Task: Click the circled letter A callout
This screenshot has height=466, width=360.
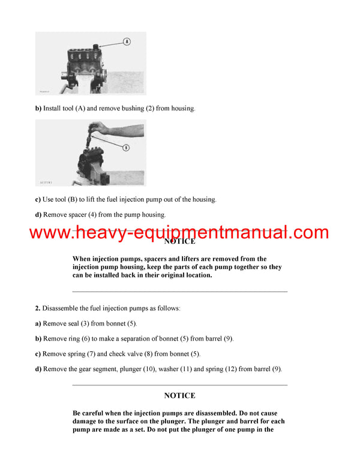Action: pyautogui.click(x=127, y=41)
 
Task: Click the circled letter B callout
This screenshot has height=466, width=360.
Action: pyautogui.click(x=127, y=147)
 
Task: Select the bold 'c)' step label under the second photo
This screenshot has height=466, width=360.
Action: pyautogui.click(x=38, y=199)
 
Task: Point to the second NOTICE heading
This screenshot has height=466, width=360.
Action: pyautogui.click(x=179, y=396)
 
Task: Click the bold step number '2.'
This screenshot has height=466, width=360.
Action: pyautogui.click(x=38, y=308)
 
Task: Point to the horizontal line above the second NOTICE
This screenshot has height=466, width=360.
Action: pyautogui.click(x=179, y=385)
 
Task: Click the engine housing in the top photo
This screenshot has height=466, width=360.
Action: pyautogui.click(x=81, y=60)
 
